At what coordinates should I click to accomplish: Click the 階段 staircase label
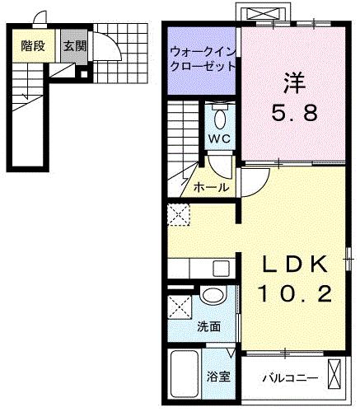pyautogui.click(x=32, y=46)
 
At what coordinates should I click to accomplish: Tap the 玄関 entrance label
pyautogui.click(x=74, y=46)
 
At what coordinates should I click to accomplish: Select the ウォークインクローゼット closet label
pyautogui.click(x=203, y=59)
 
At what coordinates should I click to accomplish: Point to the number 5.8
pyautogui.click(x=294, y=114)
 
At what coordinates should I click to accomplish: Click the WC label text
pyautogui.click(x=217, y=138)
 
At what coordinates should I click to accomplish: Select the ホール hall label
pyautogui.click(x=212, y=188)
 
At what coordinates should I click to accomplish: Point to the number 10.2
pyautogui.click(x=295, y=293)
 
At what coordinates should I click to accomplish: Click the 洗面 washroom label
pyautogui.click(x=208, y=326)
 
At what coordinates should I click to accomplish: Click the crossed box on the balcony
pyautogui.click(x=334, y=375)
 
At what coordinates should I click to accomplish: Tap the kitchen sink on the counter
pyautogui.click(x=219, y=268)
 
